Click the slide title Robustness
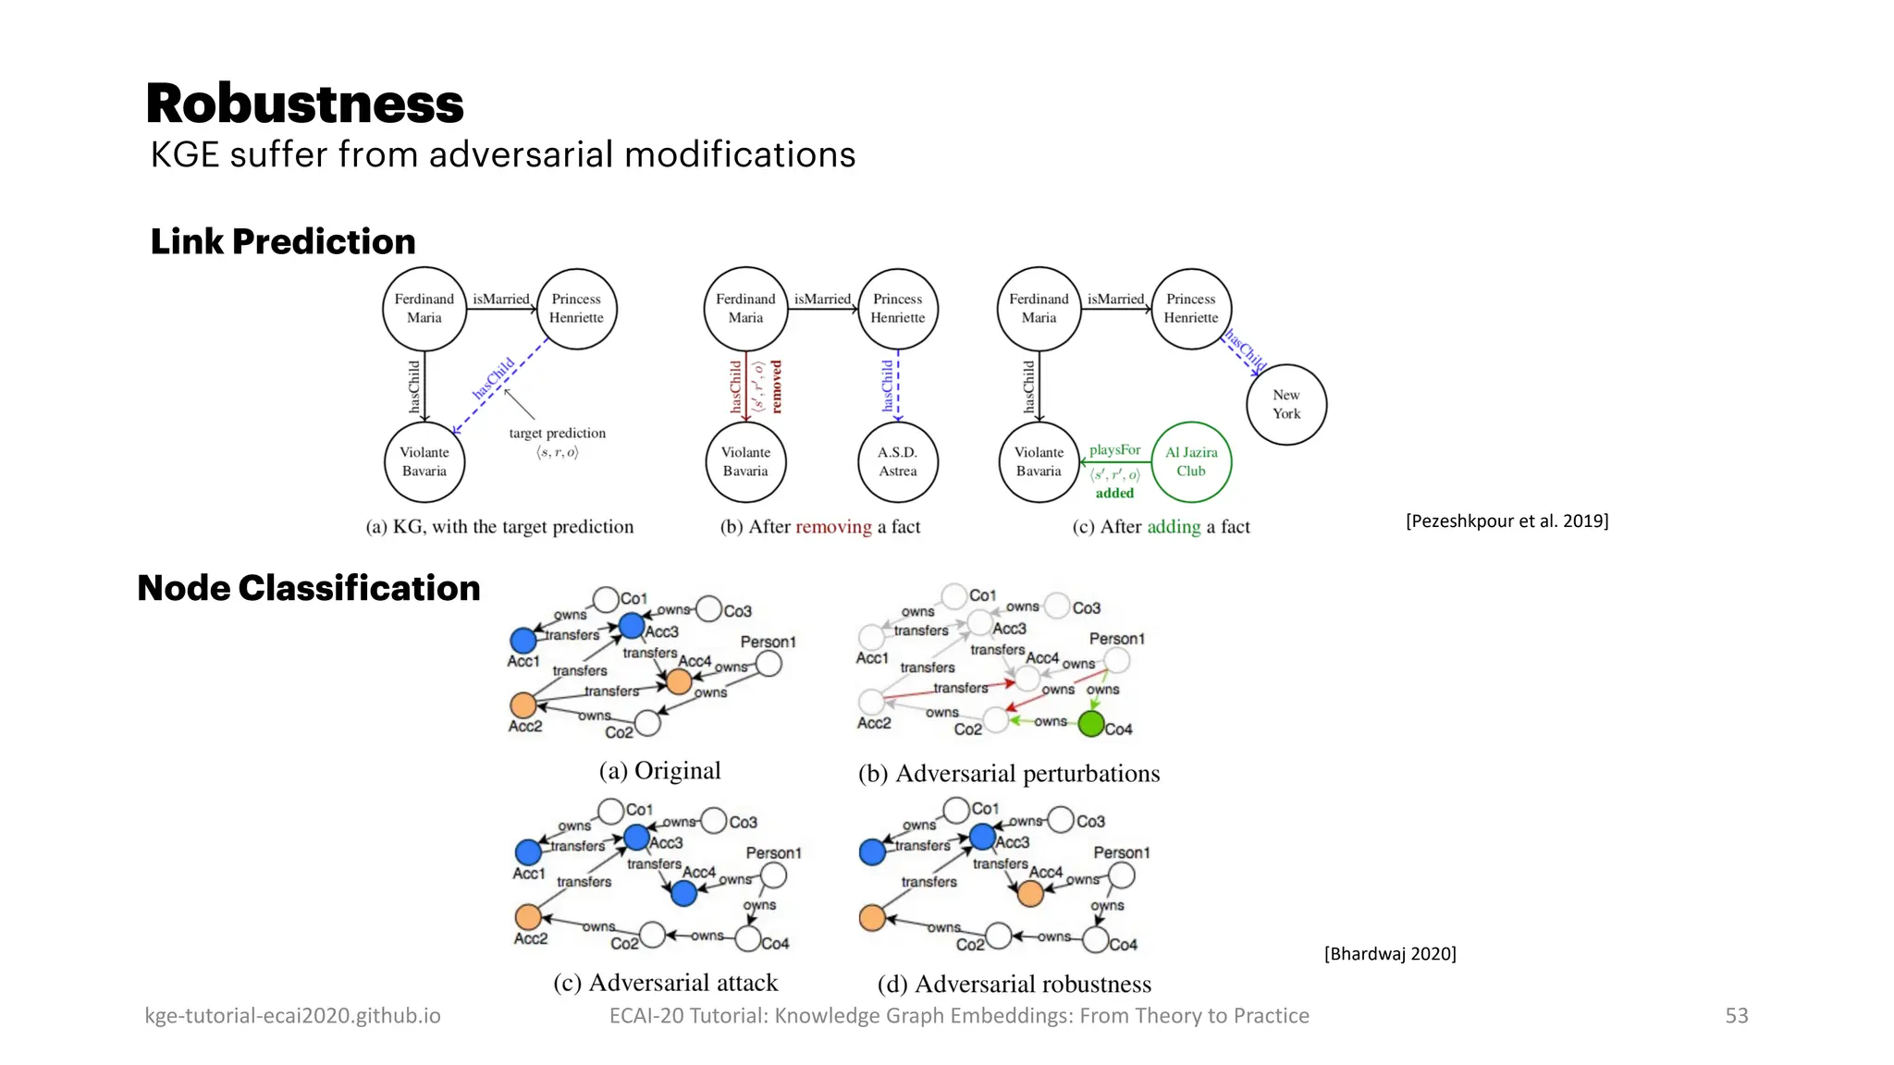304,104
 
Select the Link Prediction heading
283,241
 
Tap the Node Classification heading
309,588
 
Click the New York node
1285,404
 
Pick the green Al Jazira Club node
1191,461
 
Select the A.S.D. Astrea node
897,461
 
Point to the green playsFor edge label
1114,449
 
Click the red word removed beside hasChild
776,386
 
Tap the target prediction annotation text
557,433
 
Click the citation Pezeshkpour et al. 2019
1507,520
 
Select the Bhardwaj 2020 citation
1390,953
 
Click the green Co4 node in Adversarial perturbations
1091,724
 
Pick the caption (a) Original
659,770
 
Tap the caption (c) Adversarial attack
665,982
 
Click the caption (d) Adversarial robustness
1014,984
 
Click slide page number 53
1736,1015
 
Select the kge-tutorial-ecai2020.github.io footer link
292,1015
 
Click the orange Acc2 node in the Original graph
523,705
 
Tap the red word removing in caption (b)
833,527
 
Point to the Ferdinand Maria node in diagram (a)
424,309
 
